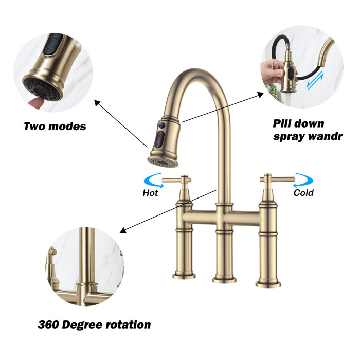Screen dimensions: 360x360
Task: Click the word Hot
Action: tap(150, 193)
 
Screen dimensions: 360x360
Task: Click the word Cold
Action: tap(303, 193)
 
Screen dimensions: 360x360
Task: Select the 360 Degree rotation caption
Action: tap(94, 325)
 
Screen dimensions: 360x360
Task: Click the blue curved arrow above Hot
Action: tap(152, 181)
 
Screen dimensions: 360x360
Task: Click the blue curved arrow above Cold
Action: tap(303, 181)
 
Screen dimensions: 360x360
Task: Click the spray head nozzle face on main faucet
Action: tap(163, 161)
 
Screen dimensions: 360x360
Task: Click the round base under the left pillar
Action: tap(184, 276)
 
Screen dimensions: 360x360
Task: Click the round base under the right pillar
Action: tap(268, 282)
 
